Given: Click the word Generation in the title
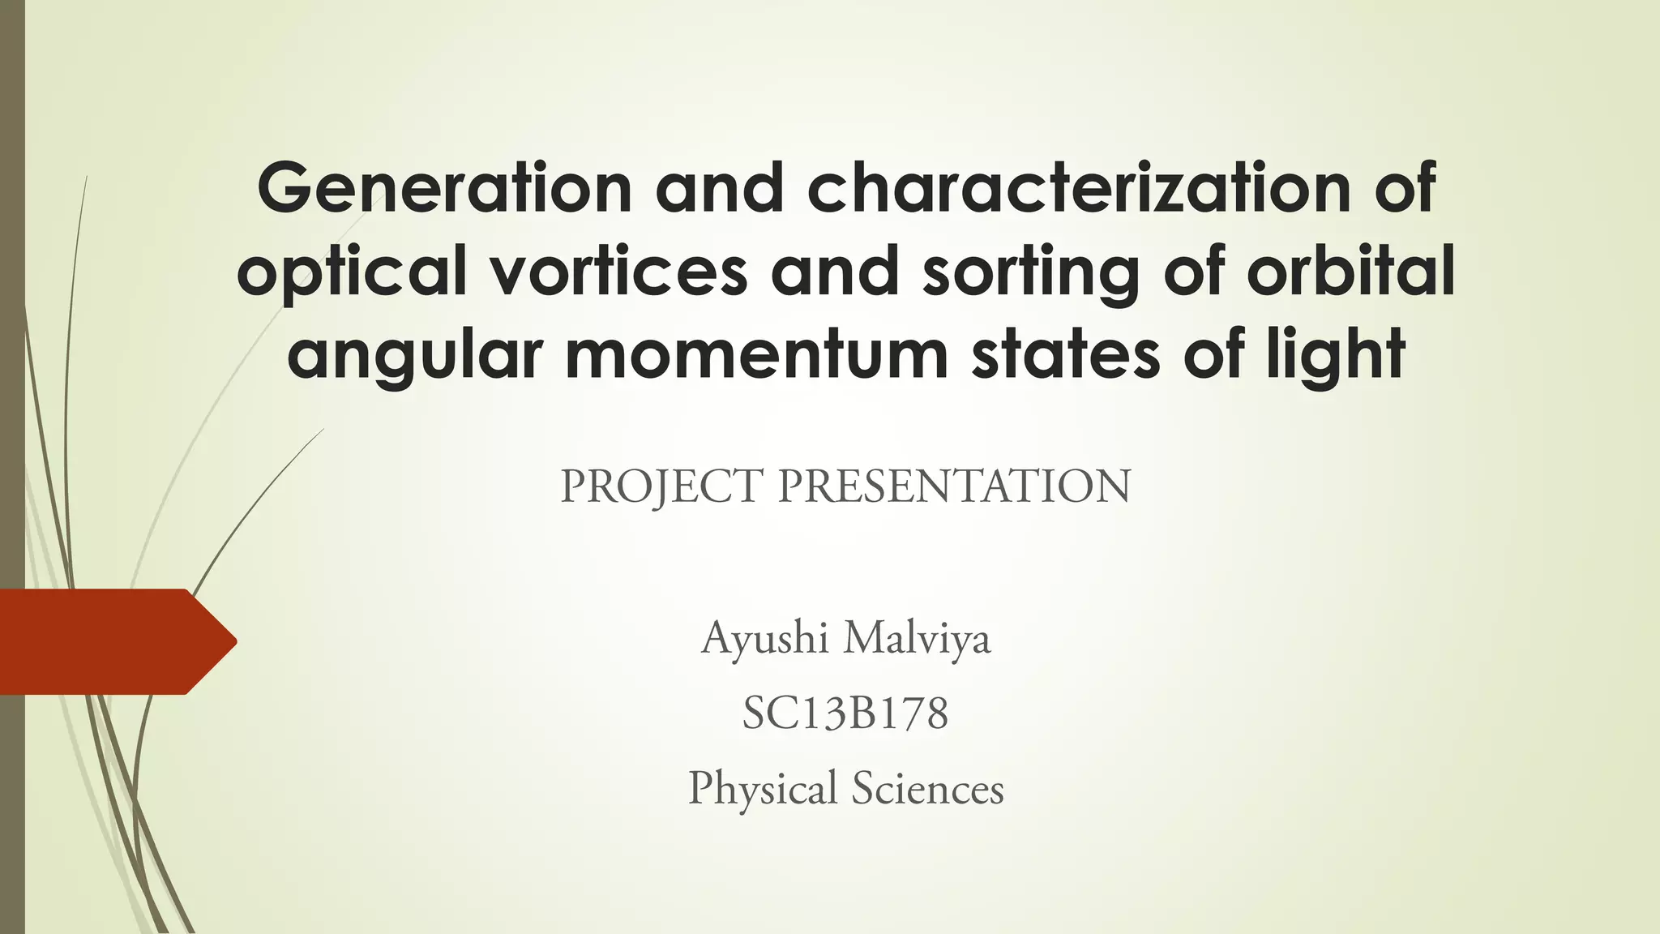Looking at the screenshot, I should [444, 187].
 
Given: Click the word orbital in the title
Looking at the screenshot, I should [1350, 271].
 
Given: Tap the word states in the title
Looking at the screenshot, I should [1066, 355].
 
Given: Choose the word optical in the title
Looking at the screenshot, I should [352, 272].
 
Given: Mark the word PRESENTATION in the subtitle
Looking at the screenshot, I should [954, 486].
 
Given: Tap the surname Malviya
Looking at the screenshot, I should [917, 639].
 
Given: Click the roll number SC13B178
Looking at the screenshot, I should [845, 714].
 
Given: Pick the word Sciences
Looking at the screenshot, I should [927, 789].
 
